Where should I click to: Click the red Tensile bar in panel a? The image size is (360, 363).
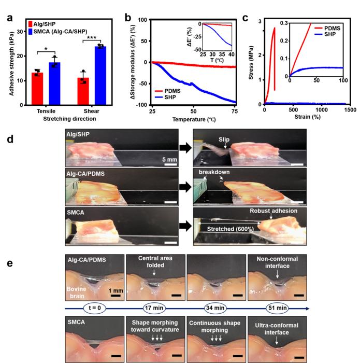click(37, 89)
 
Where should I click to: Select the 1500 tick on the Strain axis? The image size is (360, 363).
click(350, 110)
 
